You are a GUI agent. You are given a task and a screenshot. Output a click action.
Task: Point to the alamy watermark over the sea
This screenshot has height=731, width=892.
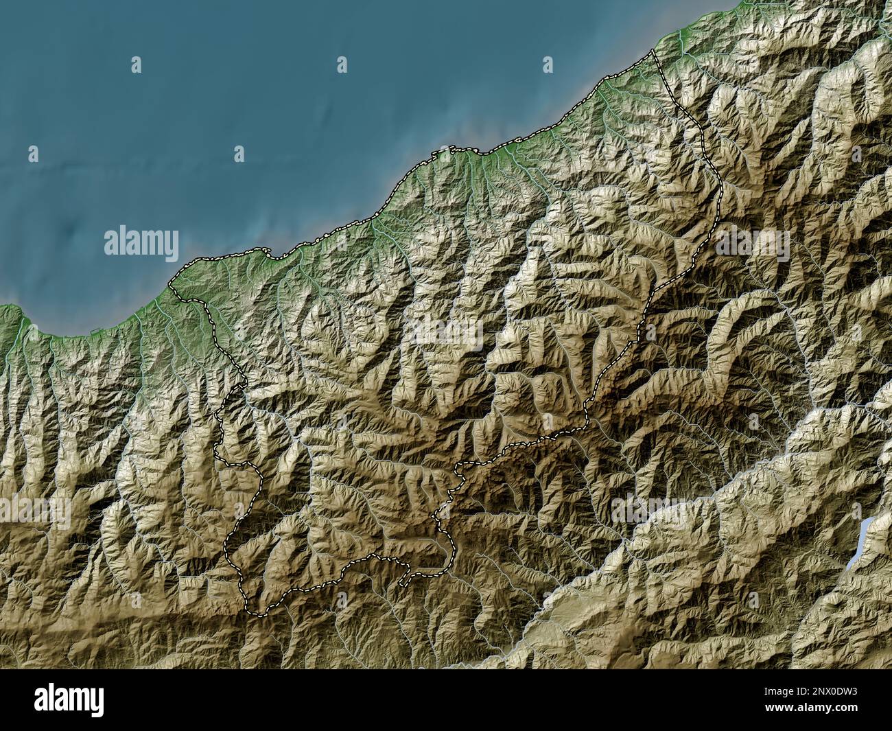pyautogui.click(x=141, y=242)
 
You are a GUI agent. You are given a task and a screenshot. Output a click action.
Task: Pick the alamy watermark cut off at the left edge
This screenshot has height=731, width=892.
pyautogui.click(x=34, y=512)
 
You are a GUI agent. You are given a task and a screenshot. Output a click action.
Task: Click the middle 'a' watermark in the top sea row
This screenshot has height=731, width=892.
pyautogui.click(x=342, y=65)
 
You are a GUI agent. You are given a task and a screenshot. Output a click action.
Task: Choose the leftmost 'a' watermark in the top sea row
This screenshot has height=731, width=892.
pyautogui.click(x=136, y=65)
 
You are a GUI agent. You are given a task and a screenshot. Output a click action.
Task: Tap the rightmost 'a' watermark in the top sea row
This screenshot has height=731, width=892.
pyautogui.click(x=548, y=65)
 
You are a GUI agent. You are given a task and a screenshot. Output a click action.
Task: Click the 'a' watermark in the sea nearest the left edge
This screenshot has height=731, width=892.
pyautogui.click(x=33, y=154)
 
